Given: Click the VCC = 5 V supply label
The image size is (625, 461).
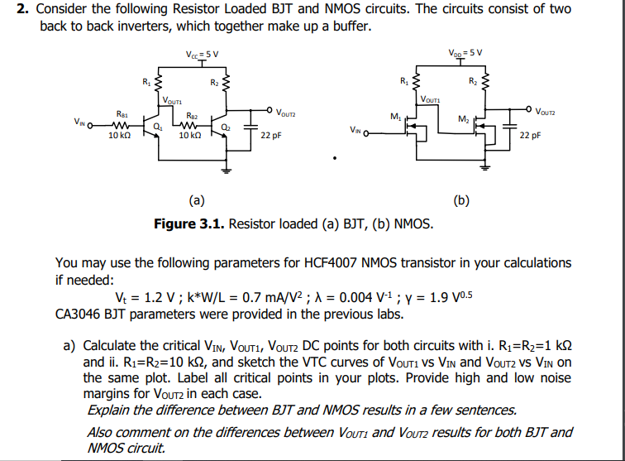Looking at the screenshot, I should click(x=203, y=55).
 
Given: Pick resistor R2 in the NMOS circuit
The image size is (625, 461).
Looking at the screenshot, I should click(x=486, y=84).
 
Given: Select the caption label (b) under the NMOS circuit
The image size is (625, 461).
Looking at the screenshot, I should click(x=461, y=199).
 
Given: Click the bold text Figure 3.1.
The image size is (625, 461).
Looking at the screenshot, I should click(x=188, y=224).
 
